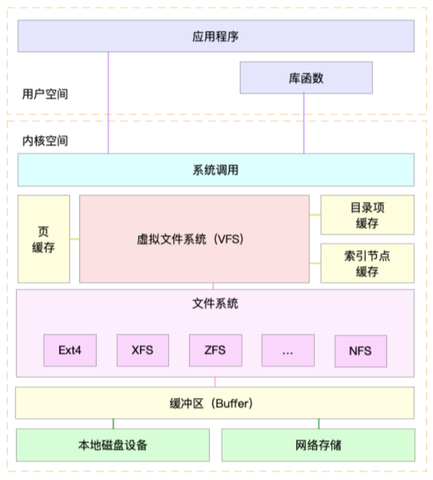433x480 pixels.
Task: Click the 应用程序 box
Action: pos(215,36)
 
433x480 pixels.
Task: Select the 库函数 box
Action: pos(306,78)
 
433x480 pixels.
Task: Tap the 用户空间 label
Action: pos(45,95)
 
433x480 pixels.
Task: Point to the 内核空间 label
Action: pos(45,141)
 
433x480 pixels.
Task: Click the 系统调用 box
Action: pos(215,170)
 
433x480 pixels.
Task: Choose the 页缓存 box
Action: pos(44,239)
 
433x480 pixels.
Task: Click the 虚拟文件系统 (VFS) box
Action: pos(194,239)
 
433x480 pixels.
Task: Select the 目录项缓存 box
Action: pos(367,215)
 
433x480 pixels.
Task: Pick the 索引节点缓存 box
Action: pos(367,263)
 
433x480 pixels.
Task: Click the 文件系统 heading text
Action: pos(215,304)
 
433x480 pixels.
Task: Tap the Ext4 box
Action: pos(70,350)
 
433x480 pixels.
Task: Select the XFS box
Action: pos(143,350)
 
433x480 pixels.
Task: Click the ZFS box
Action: pos(215,350)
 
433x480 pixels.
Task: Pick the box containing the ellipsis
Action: pos(288,350)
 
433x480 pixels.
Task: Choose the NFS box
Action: pos(360,350)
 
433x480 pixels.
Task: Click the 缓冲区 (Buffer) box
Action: pos(215,403)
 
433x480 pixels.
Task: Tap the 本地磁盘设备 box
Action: pos(113,445)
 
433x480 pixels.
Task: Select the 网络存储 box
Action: pos(318,445)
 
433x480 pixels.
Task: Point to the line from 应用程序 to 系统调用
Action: pos(108,100)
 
